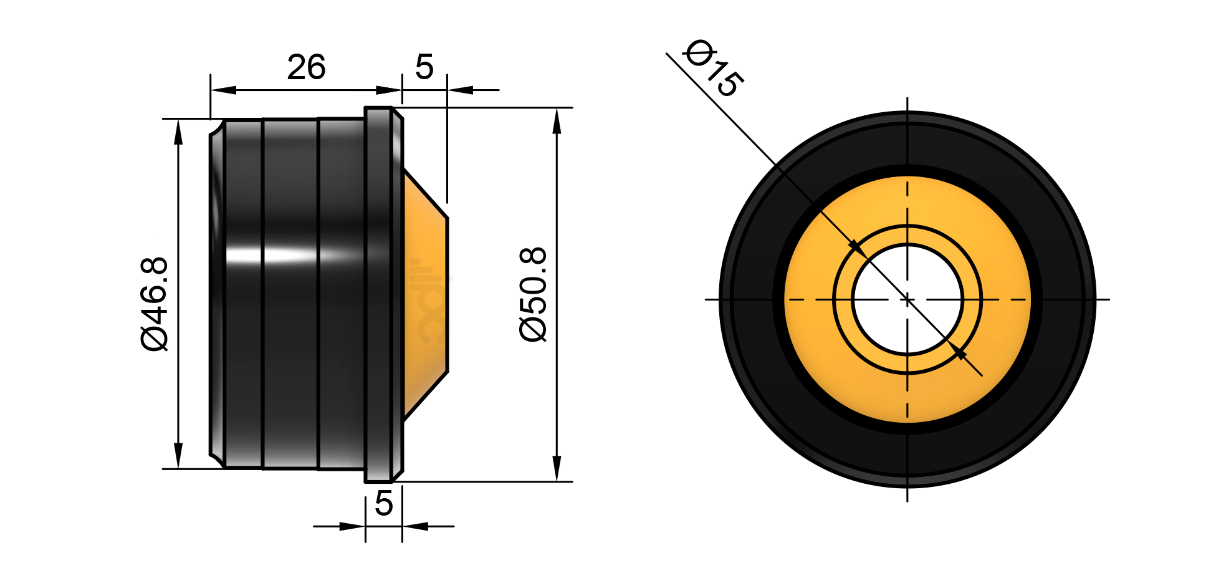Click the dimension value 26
(306, 67)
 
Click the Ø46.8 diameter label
(155, 304)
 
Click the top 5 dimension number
(424, 67)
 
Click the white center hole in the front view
(907, 299)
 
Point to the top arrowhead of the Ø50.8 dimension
(557, 121)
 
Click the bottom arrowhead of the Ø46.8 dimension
(179, 456)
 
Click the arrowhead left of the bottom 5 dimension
(352, 526)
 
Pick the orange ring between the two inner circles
(907, 234)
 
